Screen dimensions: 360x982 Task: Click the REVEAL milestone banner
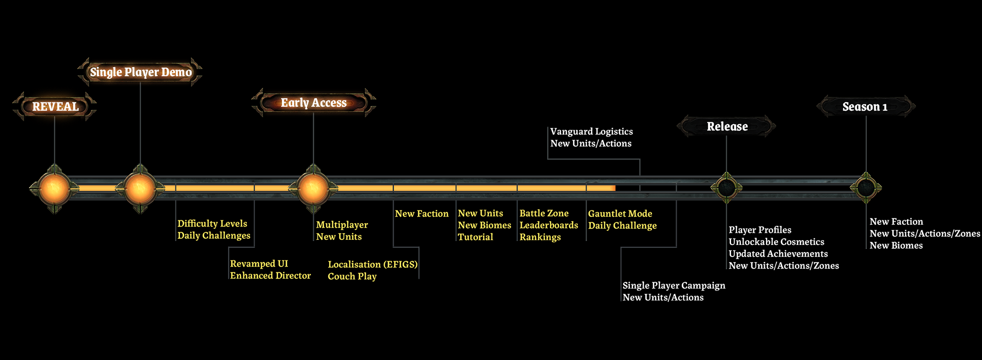pyautogui.click(x=55, y=106)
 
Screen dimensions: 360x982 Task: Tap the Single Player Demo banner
pyautogui.click(x=141, y=72)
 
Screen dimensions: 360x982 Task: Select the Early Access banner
pyautogui.click(x=314, y=103)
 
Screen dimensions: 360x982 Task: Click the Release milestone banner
pyautogui.click(x=727, y=126)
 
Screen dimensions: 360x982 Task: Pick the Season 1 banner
pyautogui.click(x=865, y=106)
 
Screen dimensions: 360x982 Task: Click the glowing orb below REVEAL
pyautogui.click(x=54, y=188)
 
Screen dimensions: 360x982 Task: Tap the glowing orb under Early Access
pyautogui.click(x=313, y=188)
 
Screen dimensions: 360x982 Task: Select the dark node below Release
pyautogui.click(x=727, y=188)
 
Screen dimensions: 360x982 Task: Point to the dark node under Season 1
pyautogui.click(x=866, y=188)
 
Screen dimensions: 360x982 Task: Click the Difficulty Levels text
pyautogui.click(x=212, y=223)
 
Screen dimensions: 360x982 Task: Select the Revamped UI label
pyautogui.click(x=259, y=263)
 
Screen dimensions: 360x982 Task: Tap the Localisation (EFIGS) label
pyautogui.click(x=373, y=264)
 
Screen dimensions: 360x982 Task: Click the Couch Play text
pyautogui.click(x=352, y=276)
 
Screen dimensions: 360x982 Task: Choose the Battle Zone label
pyautogui.click(x=544, y=213)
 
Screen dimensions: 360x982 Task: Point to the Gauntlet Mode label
pyautogui.click(x=620, y=213)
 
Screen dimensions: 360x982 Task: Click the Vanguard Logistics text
pyautogui.click(x=591, y=131)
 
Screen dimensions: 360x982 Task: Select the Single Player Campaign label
pyautogui.click(x=674, y=285)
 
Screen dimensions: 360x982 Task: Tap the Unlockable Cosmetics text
pyautogui.click(x=776, y=242)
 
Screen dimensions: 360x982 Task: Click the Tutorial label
pyautogui.click(x=475, y=237)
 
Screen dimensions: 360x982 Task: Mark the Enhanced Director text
pyautogui.click(x=270, y=275)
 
